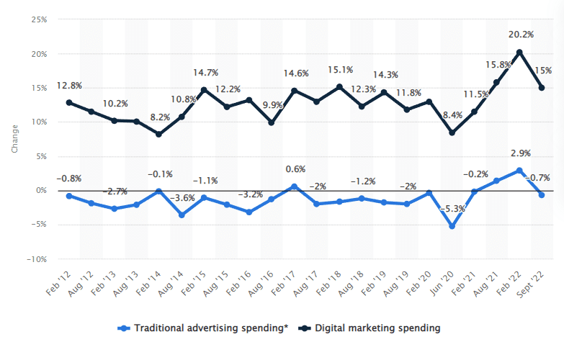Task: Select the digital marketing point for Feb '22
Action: tap(519, 52)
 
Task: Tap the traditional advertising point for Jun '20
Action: tap(452, 226)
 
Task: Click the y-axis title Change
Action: tap(14, 139)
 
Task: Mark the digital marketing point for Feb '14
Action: tap(158, 134)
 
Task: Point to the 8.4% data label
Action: tap(452, 114)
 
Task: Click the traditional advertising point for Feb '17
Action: tap(294, 186)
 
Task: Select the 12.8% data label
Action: tap(69, 86)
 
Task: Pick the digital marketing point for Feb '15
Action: tap(204, 90)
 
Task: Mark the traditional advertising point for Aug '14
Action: tap(182, 215)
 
